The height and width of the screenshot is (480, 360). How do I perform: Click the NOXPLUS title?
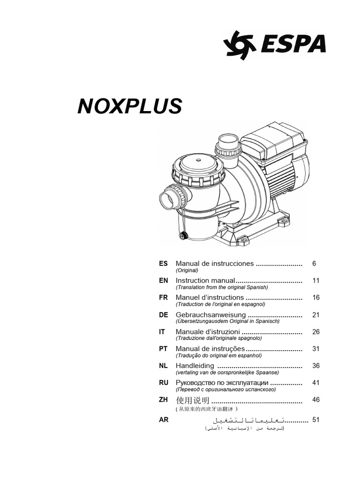pos(129,107)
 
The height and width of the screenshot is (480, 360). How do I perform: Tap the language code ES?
pos(163,264)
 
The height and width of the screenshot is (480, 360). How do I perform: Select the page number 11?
pos(315,280)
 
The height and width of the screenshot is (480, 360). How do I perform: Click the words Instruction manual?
pos(205,280)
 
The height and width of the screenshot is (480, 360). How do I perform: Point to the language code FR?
pos(163,298)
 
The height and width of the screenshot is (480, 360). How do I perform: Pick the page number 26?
pos(315,331)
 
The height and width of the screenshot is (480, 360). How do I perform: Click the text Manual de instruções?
pos(210,349)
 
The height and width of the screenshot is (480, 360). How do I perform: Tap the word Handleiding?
pos(195,366)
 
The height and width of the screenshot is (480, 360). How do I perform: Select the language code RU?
pos(163,383)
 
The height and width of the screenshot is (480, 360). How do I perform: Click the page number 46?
pos(315,400)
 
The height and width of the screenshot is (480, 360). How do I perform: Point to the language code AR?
pos(163,420)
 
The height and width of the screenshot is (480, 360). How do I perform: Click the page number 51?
pos(315,420)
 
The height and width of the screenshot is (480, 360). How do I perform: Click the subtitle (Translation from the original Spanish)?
pos(221,287)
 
